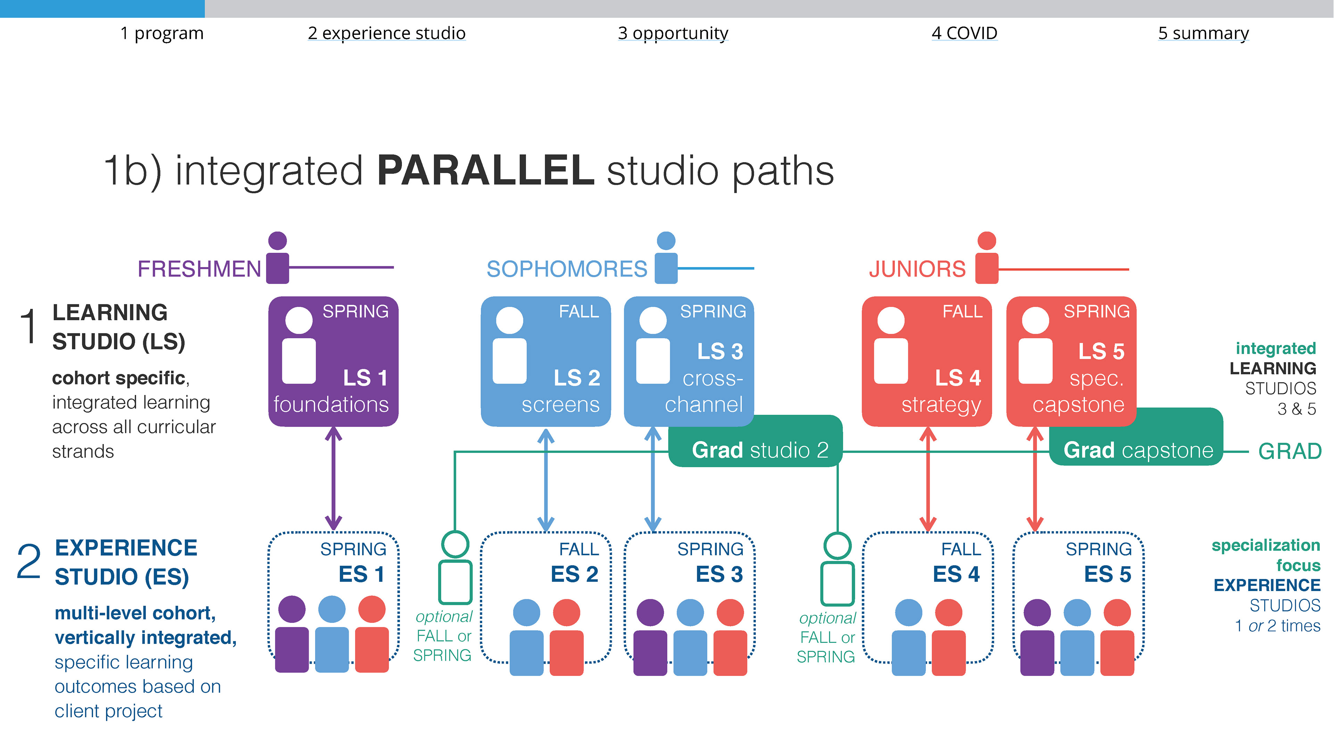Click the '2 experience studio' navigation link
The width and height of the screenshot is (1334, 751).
386,33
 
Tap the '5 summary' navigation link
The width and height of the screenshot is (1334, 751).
1203,33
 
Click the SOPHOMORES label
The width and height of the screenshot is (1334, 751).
567,269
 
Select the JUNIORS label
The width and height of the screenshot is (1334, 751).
917,269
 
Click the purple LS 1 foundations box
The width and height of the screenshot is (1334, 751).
333,361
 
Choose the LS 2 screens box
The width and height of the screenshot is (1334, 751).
545,361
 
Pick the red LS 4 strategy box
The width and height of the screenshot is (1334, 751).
927,361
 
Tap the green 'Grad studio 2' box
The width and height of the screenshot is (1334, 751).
759,449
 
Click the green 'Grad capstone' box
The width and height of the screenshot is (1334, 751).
1138,449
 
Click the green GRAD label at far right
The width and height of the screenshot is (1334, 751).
1290,451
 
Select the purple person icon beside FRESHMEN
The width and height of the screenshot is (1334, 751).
278,258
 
